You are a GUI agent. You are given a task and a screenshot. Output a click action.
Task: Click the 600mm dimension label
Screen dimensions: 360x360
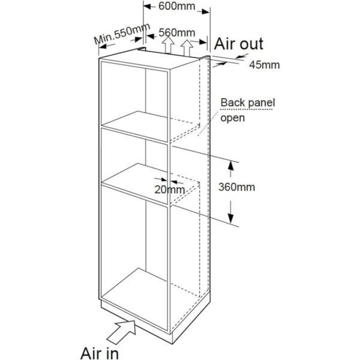coord(176,6)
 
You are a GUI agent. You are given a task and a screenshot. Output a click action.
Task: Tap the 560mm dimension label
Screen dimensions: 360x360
coord(177,32)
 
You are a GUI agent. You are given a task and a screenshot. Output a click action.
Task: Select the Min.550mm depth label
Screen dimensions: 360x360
coord(122,34)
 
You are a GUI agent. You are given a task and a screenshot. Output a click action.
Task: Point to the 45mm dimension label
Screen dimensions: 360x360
coord(265,65)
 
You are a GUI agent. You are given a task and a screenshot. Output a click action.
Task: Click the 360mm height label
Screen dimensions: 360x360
coord(236,187)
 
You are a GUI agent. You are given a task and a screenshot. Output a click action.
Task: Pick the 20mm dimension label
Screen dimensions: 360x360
coord(169,190)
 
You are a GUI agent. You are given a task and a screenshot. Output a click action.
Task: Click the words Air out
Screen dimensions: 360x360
coord(239,44)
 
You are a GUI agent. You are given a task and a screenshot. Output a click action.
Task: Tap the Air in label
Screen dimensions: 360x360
coord(100,353)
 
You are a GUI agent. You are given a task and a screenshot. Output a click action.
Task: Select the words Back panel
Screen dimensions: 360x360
coord(247,103)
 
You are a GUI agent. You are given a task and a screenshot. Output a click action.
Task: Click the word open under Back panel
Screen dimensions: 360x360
coord(232,118)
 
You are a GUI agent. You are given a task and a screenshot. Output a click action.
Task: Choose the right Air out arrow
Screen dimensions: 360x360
coord(187,48)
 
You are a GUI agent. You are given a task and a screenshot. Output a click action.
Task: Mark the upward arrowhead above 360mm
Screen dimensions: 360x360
coord(231,166)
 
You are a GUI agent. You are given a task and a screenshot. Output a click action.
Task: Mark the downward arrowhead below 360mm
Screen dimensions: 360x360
coord(231,218)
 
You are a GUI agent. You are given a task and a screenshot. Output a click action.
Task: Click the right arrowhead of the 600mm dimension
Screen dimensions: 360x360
coord(206,11)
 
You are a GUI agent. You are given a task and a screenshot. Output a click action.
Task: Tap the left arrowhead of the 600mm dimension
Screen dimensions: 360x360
coord(148,7)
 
